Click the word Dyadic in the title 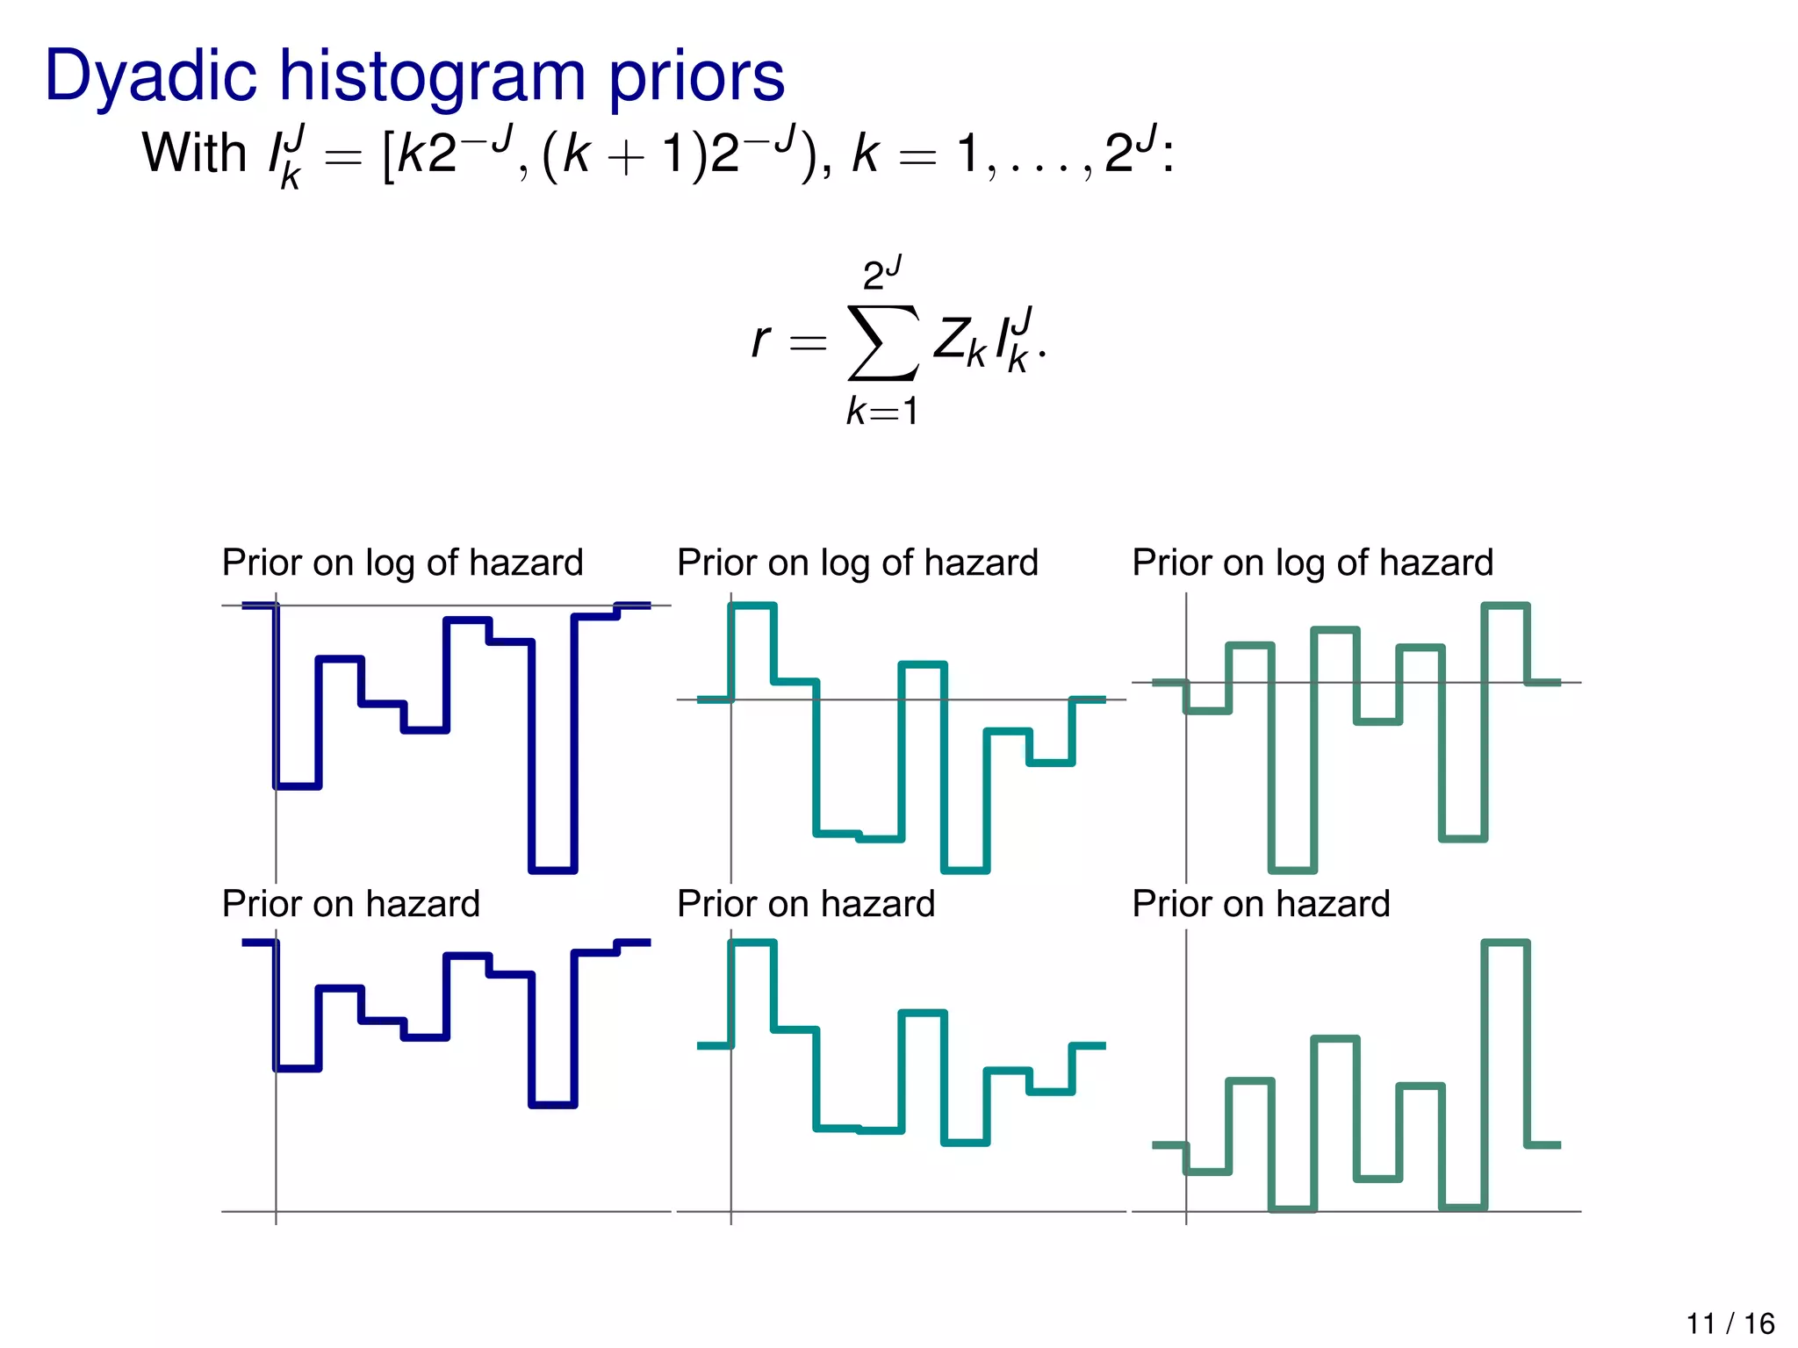[x=150, y=77]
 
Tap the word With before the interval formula [x=194, y=153]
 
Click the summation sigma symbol [x=883, y=342]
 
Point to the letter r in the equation [x=760, y=340]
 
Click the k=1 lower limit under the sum [x=882, y=411]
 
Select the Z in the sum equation [x=950, y=338]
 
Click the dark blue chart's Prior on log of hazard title [x=402, y=563]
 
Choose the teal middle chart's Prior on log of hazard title [x=857, y=563]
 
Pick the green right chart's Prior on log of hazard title [x=1312, y=563]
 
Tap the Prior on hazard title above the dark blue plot [x=350, y=904]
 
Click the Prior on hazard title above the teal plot [x=805, y=904]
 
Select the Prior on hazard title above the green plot [x=1261, y=904]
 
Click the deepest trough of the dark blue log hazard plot [x=553, y=870]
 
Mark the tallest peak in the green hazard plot [x=1506, y=943]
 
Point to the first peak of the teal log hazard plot [x=752, y=605]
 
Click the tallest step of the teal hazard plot [x=752, y=943]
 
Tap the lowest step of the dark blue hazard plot [x=553, y=1104]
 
